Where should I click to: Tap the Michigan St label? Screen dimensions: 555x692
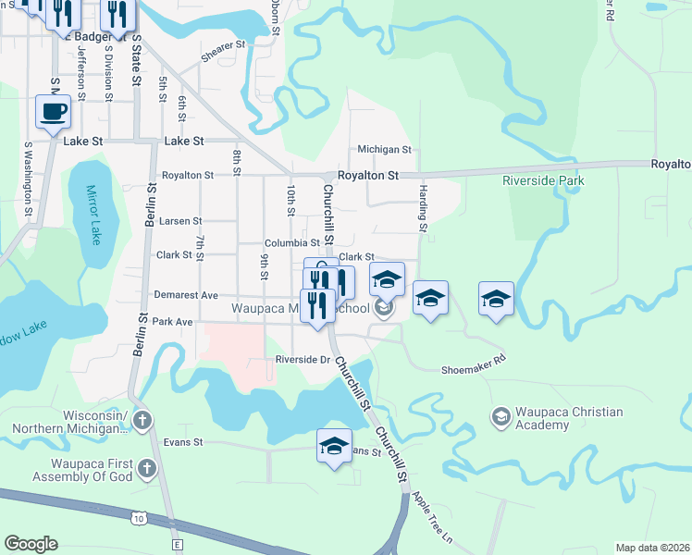[x=384, y=149]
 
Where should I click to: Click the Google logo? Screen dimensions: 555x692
[x=31, y=544]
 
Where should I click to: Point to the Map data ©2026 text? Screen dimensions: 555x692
[x=652, y=548]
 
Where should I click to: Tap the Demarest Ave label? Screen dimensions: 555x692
[x=185, y=295]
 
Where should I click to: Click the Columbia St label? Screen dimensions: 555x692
[x=292, y=243]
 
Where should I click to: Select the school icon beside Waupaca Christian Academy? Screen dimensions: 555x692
[x=501, y=418]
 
